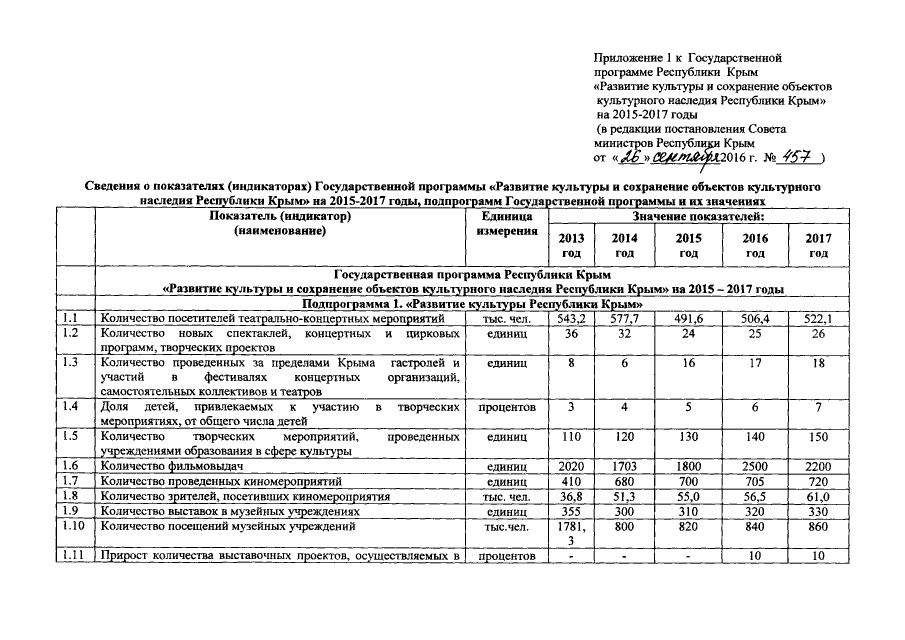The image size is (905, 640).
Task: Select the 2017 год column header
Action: (x=818, y=246)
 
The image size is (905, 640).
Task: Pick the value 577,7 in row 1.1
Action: (x=624, y=318)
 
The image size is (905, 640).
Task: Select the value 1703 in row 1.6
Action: (x=624, y=466)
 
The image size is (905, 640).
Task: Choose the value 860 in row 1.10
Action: (x=818, y=525)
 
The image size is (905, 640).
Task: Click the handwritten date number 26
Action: (x=631, y=158)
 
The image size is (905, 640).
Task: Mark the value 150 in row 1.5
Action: (x=818, y=437)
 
